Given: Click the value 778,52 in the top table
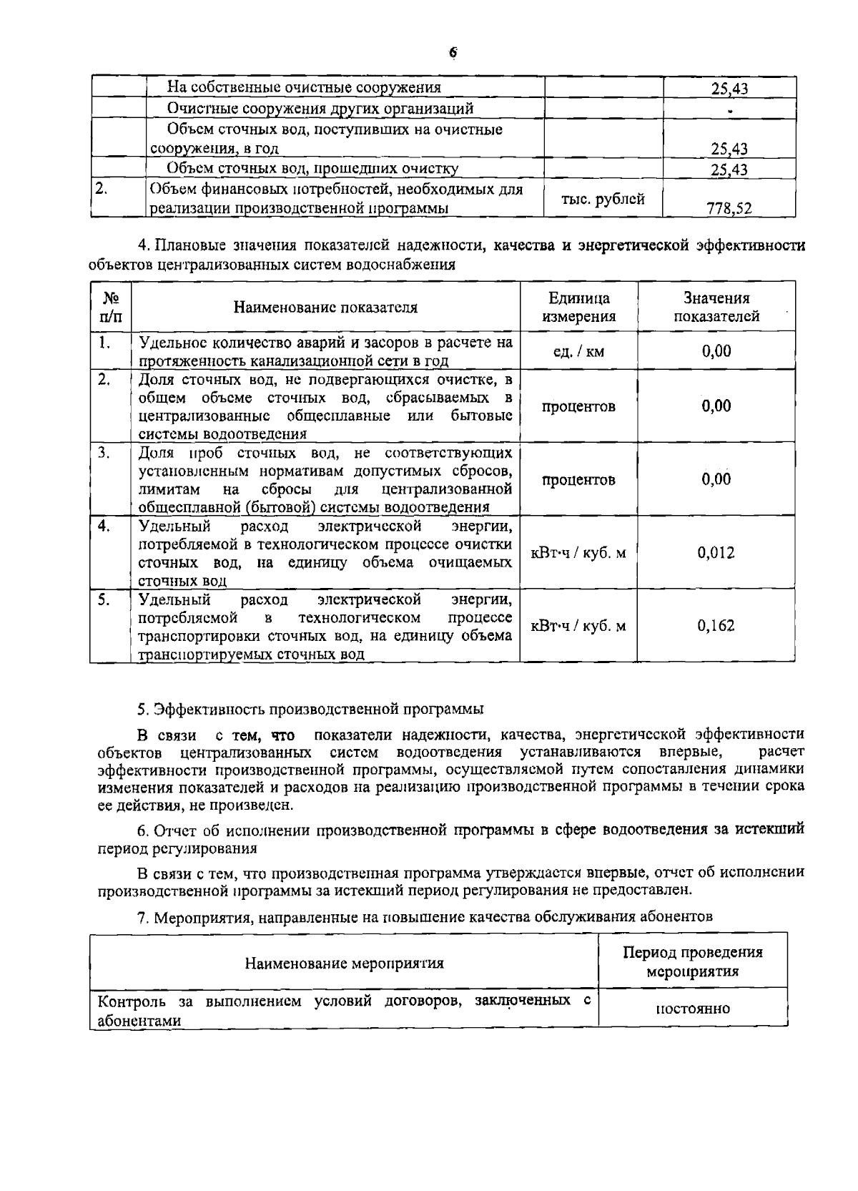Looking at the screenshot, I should coord(729,208).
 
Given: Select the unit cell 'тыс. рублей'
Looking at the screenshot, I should coord(603,199).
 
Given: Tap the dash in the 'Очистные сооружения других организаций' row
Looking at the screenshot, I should coord(729,111).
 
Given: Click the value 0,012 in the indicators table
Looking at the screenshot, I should coord(716,552).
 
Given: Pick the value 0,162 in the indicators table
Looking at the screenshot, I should coord(716,626).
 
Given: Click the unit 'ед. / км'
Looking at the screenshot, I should coord(578,351).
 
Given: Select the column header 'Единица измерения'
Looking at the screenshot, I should coord(578,307).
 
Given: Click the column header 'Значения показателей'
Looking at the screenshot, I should coord(716,307).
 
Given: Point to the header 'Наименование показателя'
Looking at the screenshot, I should coord(325,308).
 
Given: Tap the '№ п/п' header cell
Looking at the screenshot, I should coord(111,307).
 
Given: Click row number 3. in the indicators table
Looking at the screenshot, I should coord(104,453).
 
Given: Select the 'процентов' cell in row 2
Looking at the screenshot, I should coord(578,406).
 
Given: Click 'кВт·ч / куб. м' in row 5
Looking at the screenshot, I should coord(578,626).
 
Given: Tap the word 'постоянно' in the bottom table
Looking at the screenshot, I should coord(693,1009).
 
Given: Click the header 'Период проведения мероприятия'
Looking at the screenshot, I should coord(693,961).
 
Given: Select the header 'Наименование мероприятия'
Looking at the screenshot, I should coord(344,963).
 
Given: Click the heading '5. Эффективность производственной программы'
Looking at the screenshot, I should coord(310,709).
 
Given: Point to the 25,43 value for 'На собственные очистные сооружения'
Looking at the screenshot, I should coord(729,89).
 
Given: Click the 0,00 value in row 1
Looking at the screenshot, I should coord(716,351).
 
